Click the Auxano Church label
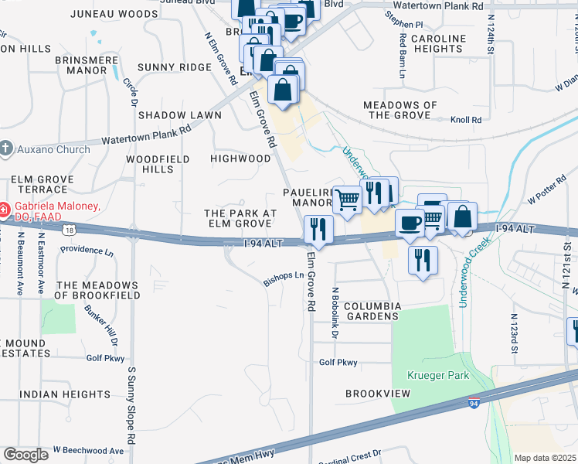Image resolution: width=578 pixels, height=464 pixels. pyautogui.click(x=53, y=149)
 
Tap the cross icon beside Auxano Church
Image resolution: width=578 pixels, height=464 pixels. pyautogui.click(x=6, y=148)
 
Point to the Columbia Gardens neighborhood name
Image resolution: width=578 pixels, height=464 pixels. pyautogui.click(x=372, y=311)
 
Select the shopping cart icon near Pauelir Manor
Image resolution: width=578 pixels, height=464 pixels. pyautogui.click(x=348, y=200)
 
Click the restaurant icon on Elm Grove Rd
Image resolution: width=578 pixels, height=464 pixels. pyautogui.click(x=318, y=229)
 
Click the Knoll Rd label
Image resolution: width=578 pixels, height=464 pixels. pyautogui.click(x=466, y=120)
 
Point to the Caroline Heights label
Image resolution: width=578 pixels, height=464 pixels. pyautogui.click(x=438, y=44)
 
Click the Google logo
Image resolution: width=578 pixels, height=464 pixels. pyautogui.click(x=25, y=455)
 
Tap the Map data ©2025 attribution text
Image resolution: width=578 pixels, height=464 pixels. pyautogui.click(x=544, y=458)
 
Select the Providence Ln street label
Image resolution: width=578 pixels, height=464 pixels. pyautogui.click(x=87, y=250)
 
